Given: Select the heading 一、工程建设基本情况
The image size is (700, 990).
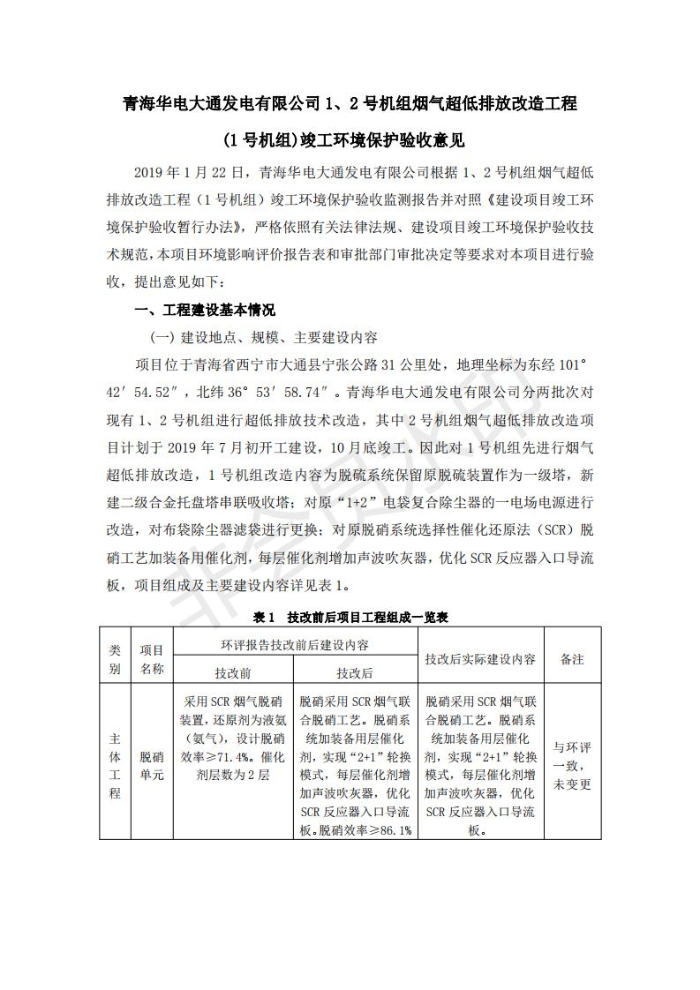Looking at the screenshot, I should (204, 311).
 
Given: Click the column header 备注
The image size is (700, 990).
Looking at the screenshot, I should (572, 658).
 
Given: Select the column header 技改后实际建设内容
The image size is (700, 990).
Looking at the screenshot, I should (480, 658).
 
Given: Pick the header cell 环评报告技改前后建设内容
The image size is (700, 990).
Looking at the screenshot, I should (294, 645).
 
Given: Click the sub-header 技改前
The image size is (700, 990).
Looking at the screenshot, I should (233, 672).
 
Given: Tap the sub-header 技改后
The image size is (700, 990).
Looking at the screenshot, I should (354, 672).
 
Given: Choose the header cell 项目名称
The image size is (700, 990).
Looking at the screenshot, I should (152, 658).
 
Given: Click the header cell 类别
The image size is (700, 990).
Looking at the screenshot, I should (115, 658).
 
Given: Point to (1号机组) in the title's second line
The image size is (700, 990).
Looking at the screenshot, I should (260, 139).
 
